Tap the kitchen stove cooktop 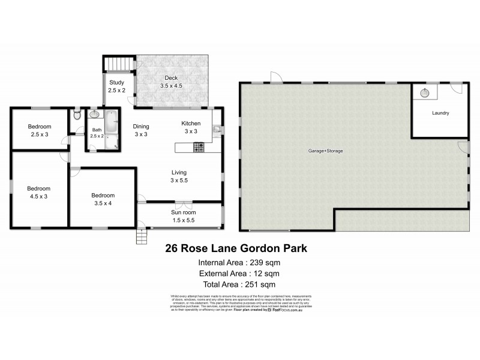199,146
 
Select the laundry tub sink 425,92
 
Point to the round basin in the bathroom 94,114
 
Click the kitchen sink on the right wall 217,127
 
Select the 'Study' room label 116,83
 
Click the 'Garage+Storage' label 326,151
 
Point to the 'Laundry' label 440,113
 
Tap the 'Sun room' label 183,212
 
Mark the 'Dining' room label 140,126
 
